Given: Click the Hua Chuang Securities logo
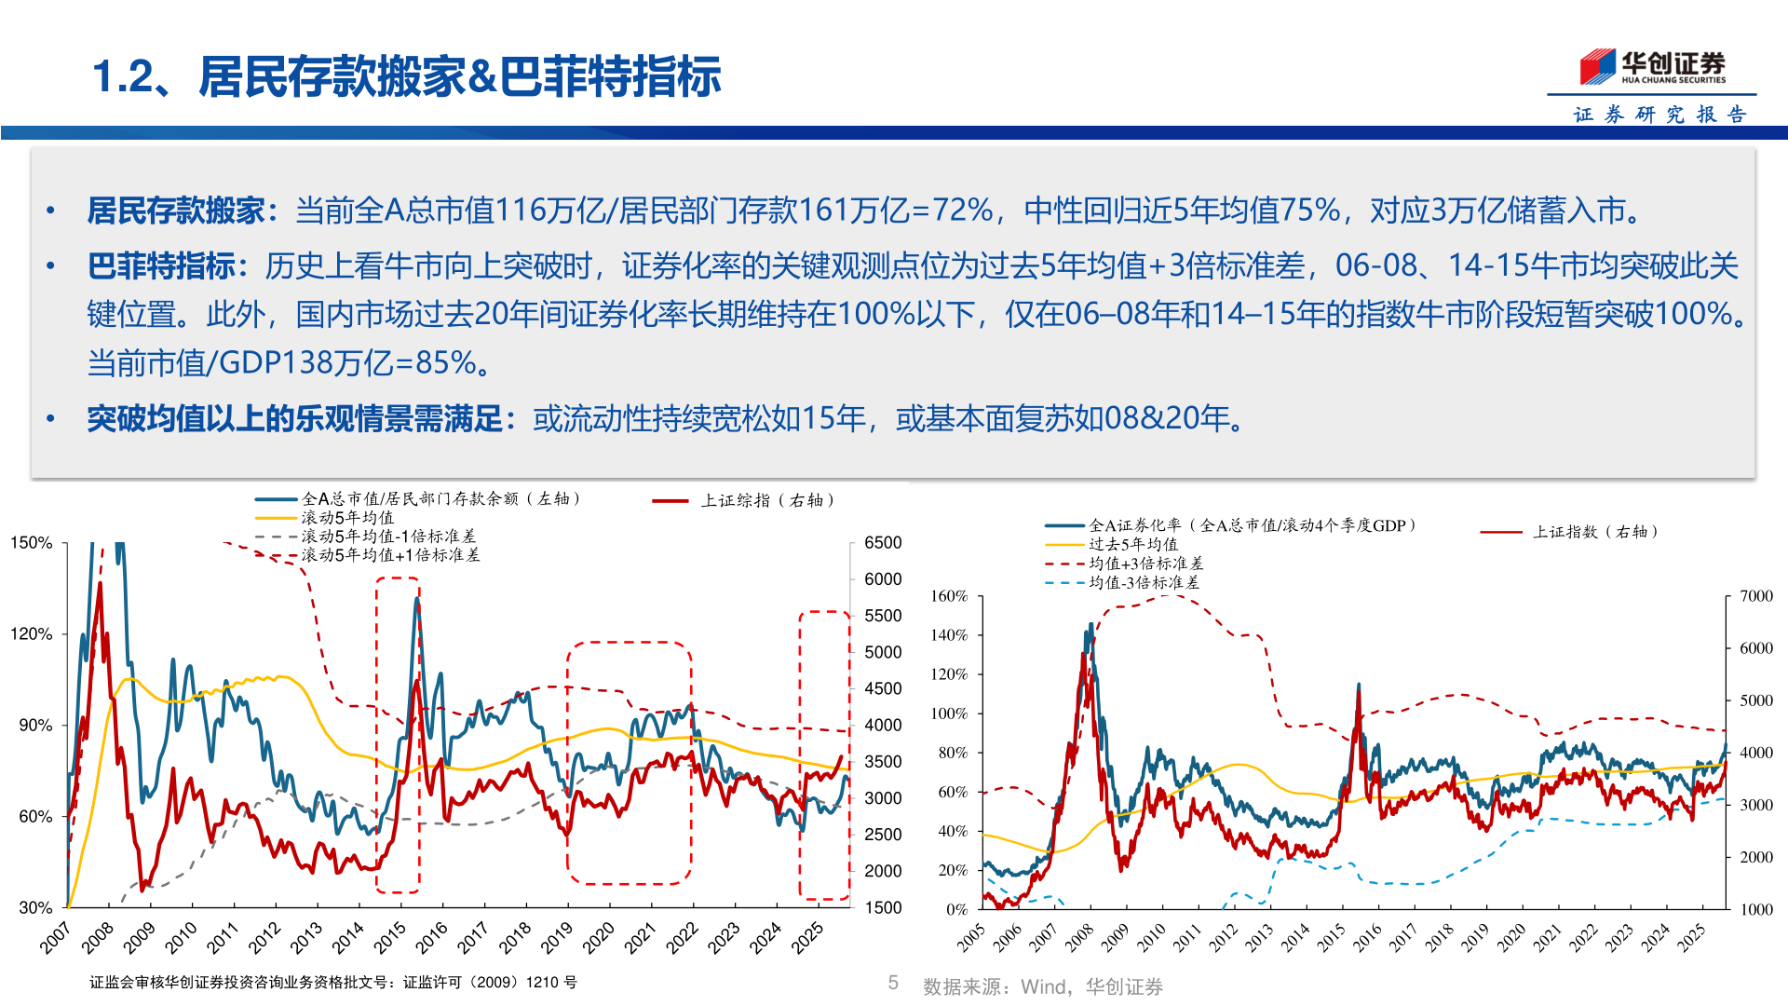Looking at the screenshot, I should click(x=1652, y=66).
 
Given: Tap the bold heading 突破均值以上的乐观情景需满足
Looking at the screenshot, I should click(x=295, y=419).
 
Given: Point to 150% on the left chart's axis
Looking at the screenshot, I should click(x=31, y=542).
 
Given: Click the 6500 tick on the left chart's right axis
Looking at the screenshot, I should click(x=882, y=542).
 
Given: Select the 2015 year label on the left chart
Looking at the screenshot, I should click(x=390, y=936).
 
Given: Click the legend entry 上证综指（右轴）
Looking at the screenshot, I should click(x=767, y=500).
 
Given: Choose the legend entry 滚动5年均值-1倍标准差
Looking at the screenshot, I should click(x=387, y=537).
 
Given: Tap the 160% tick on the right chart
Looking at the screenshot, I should click(x=949, y=596).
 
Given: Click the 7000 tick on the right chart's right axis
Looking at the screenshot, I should click(x=1755, y=596).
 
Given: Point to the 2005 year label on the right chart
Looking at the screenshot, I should click(x=971, y=937).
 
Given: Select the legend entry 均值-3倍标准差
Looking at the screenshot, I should click(x=1144, y=583).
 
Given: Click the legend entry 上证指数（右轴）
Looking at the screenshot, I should click(x=1595, y=532).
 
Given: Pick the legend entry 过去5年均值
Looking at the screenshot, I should click(x=1132, y=544).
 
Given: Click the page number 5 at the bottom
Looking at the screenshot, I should click(x=893, y=983).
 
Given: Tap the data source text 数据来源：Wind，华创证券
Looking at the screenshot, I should click(x=1042, y=986).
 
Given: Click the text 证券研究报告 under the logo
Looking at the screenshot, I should click(x=1659, y=115).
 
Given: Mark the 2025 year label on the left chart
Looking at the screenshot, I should click(x=807, y=936).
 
